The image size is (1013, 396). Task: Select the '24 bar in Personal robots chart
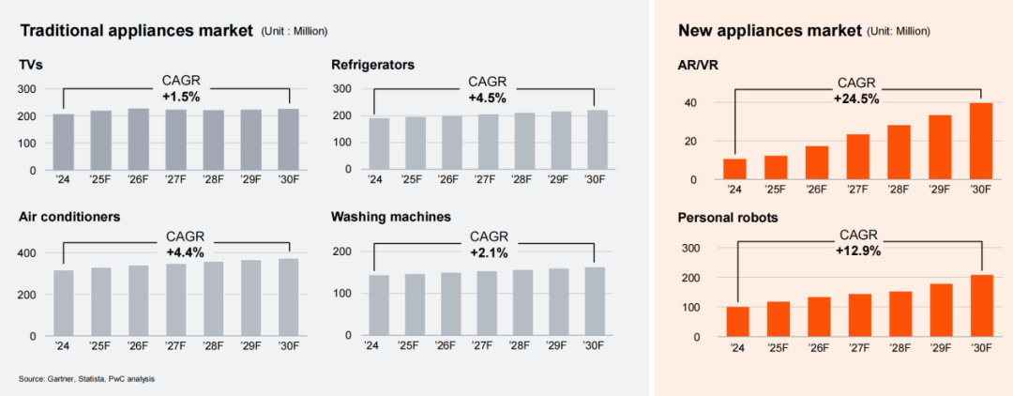(737, 321)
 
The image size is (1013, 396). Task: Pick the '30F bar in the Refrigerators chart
(595, 141)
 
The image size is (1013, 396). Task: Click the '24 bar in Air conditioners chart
(64, 302)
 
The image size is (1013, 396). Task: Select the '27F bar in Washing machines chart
(486, 303)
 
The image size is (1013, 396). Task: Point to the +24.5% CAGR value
(858, 97)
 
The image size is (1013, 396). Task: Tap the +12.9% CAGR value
(858, 251)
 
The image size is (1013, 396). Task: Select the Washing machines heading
(390, 217)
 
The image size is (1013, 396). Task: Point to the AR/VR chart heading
(700, 64)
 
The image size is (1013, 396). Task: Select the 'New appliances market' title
(769, 31)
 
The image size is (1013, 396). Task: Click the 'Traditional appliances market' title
(137, 31)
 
